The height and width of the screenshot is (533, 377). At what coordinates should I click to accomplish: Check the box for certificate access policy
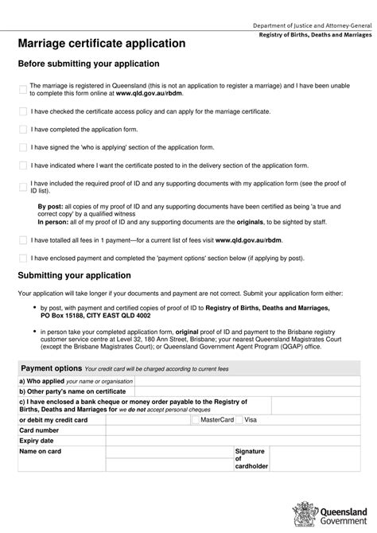23,111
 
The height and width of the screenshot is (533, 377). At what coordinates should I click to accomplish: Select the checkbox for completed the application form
23,129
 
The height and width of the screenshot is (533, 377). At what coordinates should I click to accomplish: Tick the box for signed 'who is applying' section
23,147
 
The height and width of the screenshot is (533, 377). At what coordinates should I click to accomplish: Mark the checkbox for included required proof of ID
23,187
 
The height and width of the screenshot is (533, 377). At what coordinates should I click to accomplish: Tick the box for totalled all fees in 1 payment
23,239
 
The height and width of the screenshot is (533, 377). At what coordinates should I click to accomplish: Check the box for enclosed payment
23,258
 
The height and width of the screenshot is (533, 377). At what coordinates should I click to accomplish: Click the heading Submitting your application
74,276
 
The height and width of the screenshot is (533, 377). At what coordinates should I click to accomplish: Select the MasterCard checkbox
196,419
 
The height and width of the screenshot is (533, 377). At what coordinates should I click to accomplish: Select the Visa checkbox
240,419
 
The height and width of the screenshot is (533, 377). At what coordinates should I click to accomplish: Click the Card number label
39,430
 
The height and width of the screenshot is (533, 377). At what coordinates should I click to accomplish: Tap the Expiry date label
37,440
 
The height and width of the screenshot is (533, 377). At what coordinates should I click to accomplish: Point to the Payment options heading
51,368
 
